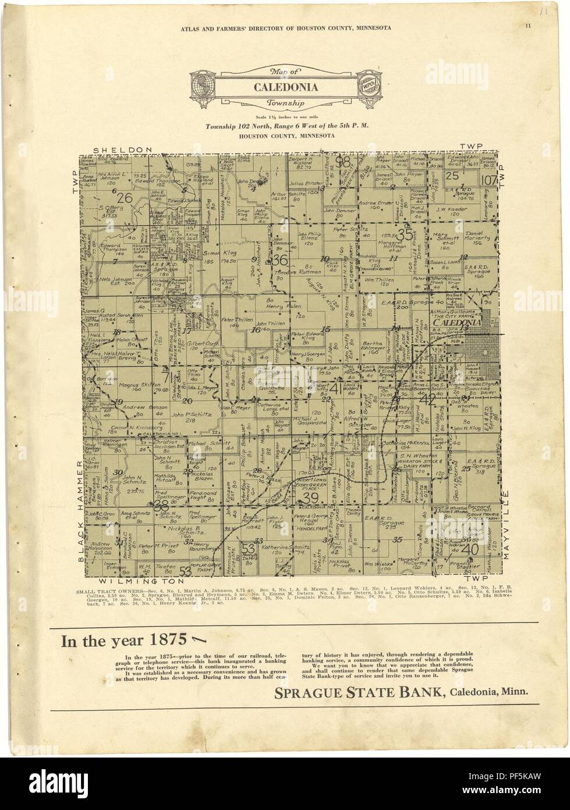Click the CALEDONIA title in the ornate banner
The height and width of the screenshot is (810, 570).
[285, 88]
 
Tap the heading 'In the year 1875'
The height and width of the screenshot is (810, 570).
[123, 641]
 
